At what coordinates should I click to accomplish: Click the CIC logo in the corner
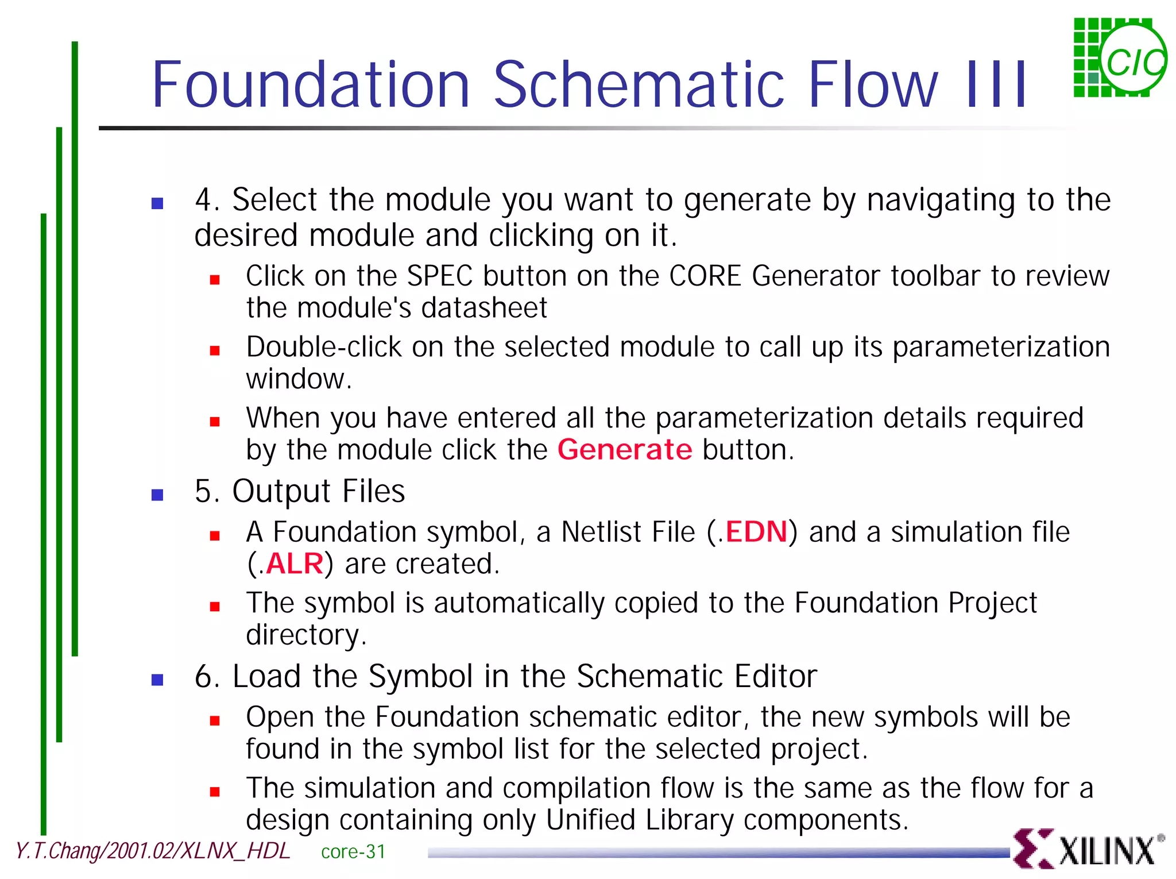point(1119,57)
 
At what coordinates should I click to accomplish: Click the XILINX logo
point(1088,849)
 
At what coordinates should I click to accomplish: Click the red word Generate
point(625,449)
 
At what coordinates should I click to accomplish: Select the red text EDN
point(756,531)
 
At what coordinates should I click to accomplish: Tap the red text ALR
point(295,564)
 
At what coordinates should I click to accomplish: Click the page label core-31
point(353,851)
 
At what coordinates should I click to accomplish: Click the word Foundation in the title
point(311,84)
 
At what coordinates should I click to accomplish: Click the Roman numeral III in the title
point(997,84)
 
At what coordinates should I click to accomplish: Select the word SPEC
point(440,276)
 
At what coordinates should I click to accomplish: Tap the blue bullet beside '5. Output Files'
point(157,495)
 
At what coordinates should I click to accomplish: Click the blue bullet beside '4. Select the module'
point(157,203)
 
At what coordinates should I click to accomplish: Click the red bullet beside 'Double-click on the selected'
point(215,350)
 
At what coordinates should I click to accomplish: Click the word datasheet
point(484,308)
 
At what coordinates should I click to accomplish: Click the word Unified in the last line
point(590,820)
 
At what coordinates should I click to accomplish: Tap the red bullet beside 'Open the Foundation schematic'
point(215,721)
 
